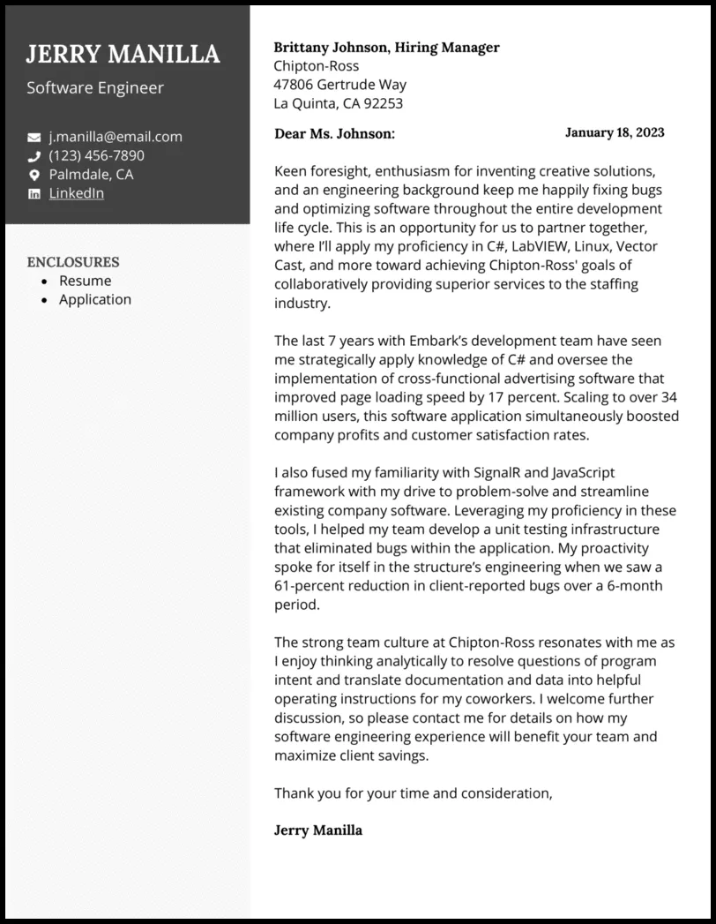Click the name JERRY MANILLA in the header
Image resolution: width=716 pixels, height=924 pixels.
(x=123, y=55)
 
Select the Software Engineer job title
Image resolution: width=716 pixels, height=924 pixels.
(x=94, y=88)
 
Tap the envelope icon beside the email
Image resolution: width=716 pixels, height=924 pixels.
(x=34, y=138)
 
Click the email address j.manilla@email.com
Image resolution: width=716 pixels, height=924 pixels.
(x=116, y=137)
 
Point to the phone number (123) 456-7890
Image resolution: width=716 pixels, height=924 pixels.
(x=97, y=155)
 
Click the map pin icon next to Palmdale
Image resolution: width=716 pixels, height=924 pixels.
(x=34, y=175)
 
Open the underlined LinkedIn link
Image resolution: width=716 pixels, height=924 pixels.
(x=77, y=193)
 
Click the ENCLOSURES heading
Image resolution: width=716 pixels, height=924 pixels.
(x=73, y=262)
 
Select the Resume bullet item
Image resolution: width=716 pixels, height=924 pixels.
(x=85, y=281)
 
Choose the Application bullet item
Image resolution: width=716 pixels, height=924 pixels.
(x=94, y=299)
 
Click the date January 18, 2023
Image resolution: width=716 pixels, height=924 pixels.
(x=614, y=132)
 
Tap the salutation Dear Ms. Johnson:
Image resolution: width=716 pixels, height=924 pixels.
(x=334, y=133)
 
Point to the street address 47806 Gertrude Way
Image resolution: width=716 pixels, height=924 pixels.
(x=339, y=85)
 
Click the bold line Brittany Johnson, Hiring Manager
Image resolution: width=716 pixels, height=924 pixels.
(x=386, y=48)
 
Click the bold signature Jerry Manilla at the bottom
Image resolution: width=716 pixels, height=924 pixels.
(x=317, y=830)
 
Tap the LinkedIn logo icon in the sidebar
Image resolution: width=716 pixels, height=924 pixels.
(x=34, y=194)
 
